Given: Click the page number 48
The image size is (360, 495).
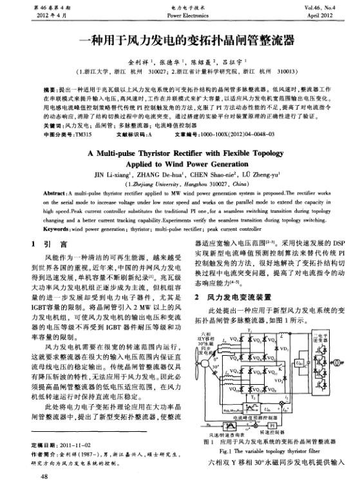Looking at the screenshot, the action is coord(44,478).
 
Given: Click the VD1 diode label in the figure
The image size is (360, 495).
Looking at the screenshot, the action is coord(285,348).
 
